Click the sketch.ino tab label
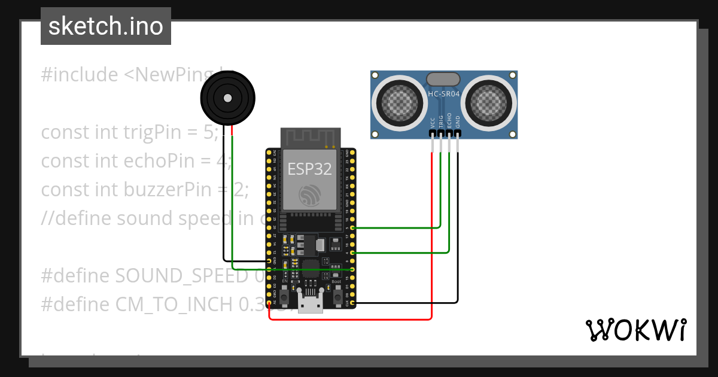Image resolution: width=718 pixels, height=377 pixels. pyautogui.click(x=105, y=26)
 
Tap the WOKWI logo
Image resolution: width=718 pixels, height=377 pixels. pyautogui.click(x=635, y=330)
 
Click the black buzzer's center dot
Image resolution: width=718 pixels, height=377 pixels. pyautogui.click(x=227, y=98)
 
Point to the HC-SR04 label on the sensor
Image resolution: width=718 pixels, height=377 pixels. pyautogui.click(x=443, y=93)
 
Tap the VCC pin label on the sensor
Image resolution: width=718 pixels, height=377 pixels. pyautogui.click(x=432, y=123)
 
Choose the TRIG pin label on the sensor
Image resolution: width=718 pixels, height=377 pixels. pyautogui.click(x=441, y=122)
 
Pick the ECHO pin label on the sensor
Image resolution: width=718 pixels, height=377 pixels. pyautogui.click(x=449, y=122)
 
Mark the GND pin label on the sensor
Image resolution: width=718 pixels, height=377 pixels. pyautogui.click(x=458, y=123)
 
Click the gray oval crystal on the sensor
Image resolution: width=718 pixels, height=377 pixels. pyautogui.click(x=443, y=78)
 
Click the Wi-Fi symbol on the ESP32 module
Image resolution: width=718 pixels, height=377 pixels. pyautogui.click(x=310, y=195)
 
